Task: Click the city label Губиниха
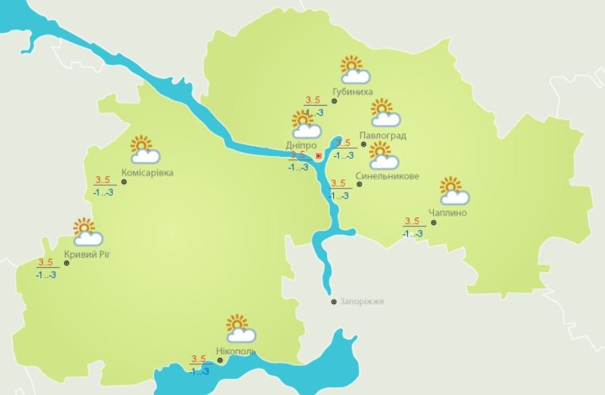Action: (x=353, y=92)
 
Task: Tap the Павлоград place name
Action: (x=382, y=135)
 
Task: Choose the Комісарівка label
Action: (x=147, y=173)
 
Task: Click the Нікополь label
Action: (x=236, y=352)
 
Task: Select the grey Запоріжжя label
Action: (x=361, y=301)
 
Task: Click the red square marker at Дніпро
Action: (x=318, y=156)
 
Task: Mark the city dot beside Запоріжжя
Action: (x=333, y=302)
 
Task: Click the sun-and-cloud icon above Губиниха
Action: (x=355, y=68)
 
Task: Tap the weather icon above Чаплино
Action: (x=454, y=190)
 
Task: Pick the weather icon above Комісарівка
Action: (x=144, y=150)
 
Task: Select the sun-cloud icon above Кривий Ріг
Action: (x=87, y=231)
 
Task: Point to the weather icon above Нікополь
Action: (x=240, y=328)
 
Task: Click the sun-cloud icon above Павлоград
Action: (x=384, y=113)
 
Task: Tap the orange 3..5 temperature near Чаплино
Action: (x=412, y=221)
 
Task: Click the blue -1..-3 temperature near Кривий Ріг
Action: (x=46, y=275)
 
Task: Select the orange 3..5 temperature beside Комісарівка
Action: (x=104, y=180)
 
